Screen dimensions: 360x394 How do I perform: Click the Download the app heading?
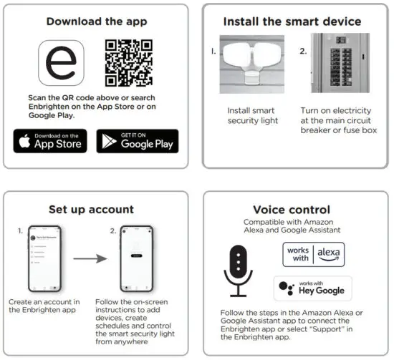(x=97, y=21)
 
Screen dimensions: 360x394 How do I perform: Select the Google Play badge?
(x=138, y=141)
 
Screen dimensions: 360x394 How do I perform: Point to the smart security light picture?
(x=252, y=65)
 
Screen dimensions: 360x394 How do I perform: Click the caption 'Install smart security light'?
(x=251, y=116)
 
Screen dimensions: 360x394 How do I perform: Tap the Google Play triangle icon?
(x=109, y=141)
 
